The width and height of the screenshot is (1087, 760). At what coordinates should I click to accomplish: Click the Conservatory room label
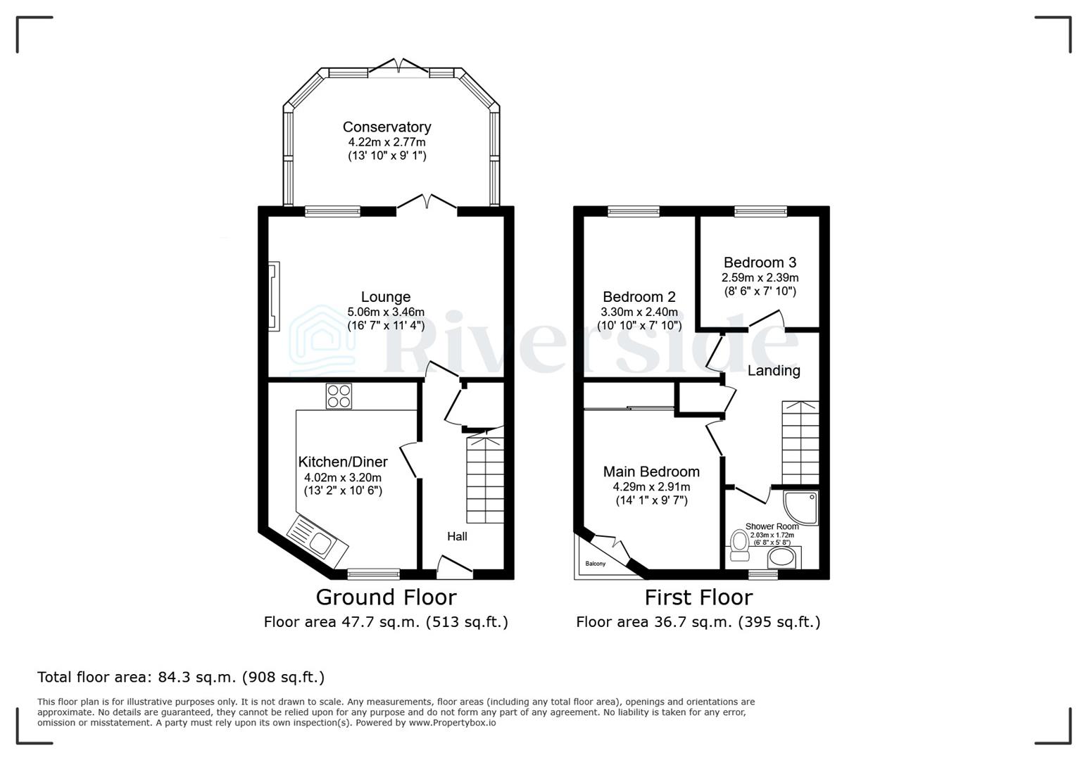387,127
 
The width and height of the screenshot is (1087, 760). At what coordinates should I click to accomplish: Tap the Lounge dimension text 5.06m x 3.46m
386,312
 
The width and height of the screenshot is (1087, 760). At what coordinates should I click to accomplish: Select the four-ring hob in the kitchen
339,395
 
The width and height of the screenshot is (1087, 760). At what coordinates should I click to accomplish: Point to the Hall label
457,536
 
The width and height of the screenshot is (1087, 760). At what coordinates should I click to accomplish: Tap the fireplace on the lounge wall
273,296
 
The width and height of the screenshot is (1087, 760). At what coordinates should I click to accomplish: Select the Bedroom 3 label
760,262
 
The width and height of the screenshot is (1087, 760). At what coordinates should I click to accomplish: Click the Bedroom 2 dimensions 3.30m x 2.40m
639,312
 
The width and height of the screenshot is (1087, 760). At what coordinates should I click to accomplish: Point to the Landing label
774,370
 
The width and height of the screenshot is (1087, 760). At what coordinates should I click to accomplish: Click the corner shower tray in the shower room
802,507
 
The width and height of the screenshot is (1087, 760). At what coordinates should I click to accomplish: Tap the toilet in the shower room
739,545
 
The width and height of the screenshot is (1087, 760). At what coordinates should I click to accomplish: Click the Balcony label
595,564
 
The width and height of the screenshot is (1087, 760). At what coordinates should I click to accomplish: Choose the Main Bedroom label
651,471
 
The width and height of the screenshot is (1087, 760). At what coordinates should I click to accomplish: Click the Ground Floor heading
386,597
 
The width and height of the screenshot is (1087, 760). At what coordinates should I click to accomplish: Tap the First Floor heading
698,597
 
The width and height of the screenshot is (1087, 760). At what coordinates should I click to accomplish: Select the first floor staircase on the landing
800,443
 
